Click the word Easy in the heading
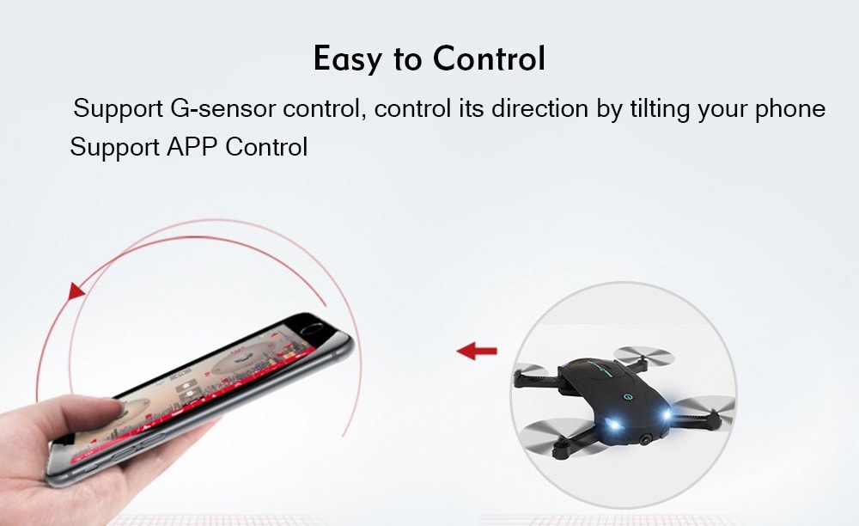point(347,58)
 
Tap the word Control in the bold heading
point(490,58)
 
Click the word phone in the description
point(790,108)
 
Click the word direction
point(540,108)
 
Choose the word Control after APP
point(266,147)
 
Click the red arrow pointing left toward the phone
point(477,351)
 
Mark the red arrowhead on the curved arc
point(76,291)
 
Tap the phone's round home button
point(313,328)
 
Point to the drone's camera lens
point(648,439)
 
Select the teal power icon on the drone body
point(626,397)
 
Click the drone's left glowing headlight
point(613,424)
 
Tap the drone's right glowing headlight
point(666,415)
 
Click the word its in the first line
point(471,108)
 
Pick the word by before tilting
point(609,109)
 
